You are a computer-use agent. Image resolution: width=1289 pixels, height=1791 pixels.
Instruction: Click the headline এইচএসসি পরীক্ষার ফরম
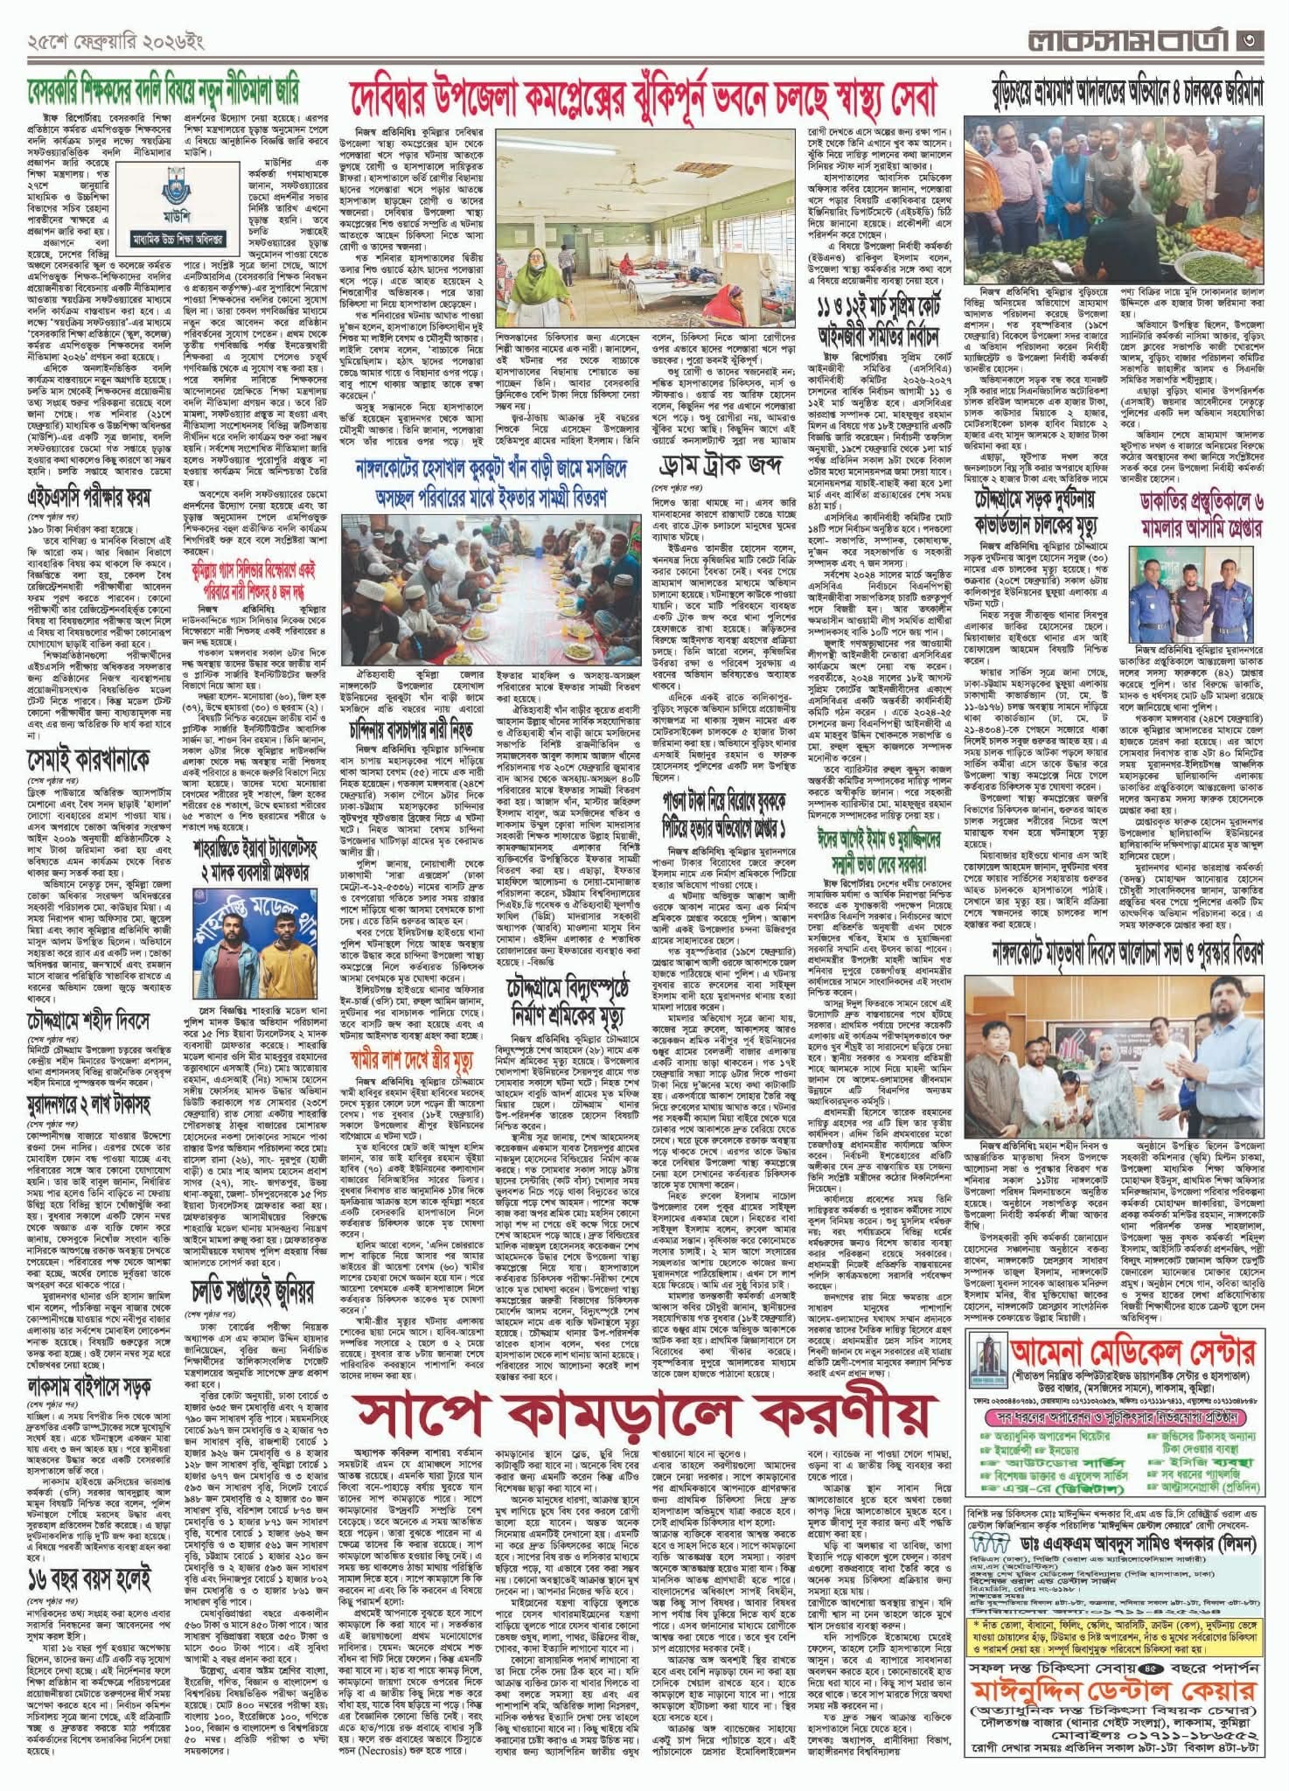click(87, 499)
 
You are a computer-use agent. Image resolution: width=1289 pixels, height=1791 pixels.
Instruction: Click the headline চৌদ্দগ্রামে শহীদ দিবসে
click(87, 1021)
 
